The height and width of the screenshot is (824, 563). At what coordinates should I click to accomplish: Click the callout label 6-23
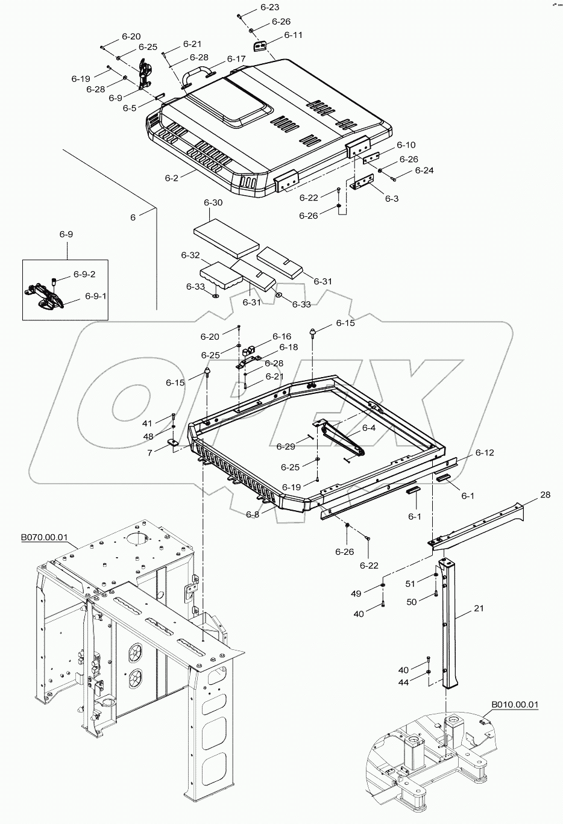point(269,8)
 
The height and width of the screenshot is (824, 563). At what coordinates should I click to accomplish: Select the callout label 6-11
point(293,35)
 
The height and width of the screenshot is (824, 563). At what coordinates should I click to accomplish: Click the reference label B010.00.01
point(515,704)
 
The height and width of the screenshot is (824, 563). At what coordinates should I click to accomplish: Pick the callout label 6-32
point(190,255)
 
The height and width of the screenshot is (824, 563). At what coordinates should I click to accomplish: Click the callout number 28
point(545,495)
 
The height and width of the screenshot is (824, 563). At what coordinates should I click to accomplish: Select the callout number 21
point(479,609)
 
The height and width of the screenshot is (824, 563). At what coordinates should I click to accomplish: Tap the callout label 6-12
point(484,452)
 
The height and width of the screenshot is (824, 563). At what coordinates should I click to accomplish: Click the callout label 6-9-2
point(84,274)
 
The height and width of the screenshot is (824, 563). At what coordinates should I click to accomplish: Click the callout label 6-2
point(172,178)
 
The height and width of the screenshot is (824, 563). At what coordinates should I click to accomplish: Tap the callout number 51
point(410,583)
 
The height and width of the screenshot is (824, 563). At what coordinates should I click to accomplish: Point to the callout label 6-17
point(236,59)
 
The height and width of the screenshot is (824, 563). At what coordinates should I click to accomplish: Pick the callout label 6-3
point(392,198)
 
